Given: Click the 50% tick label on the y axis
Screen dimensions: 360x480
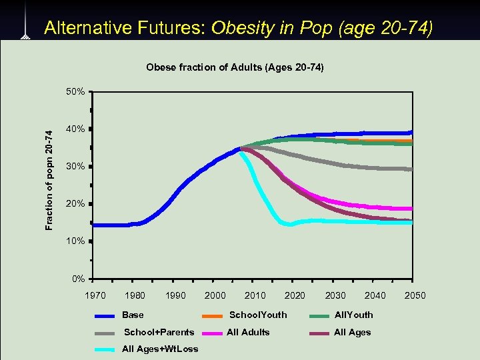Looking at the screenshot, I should tap(74, 91).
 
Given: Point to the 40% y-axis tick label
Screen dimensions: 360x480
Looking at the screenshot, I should tap(74, 129).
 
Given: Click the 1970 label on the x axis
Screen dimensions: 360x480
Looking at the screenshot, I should tap(95, 295).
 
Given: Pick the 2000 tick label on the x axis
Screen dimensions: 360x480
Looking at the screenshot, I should tap(215, 295).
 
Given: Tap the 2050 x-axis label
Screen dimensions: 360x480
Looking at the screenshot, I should tap(414, 295).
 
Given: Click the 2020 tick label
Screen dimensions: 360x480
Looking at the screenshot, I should tap(295, 295).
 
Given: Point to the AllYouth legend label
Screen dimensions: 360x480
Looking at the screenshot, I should tap(353, 315).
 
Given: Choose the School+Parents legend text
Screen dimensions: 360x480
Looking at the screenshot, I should tap(159, 332).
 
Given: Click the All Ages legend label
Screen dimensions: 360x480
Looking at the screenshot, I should tap(352, 332).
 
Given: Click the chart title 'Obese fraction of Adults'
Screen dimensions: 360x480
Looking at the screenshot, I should tap(235, 67).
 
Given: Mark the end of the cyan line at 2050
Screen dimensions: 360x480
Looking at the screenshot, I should tap(411, 223).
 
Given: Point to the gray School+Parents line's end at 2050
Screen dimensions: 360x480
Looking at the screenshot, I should tap(411, 169).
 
